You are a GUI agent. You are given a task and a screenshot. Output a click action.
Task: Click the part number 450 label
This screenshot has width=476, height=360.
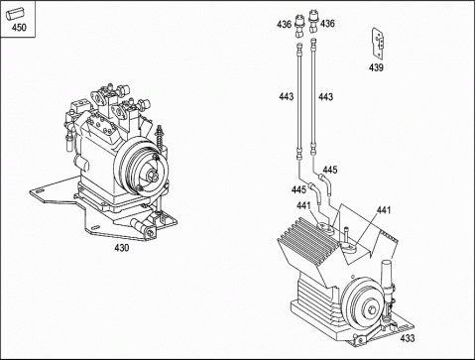click(19, 27)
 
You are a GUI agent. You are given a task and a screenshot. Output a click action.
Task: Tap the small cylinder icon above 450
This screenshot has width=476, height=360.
click(15, 14)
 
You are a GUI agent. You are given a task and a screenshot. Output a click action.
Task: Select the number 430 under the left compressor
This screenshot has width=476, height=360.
click(122, 248)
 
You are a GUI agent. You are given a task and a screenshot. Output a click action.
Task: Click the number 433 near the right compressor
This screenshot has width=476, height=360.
click(407, 338)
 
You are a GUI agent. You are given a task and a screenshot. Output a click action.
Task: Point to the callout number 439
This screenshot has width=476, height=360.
click(376, 67)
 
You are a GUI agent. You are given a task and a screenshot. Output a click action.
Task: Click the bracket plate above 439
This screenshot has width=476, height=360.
click(379, 43)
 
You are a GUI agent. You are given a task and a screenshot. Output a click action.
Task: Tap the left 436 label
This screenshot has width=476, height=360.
click(285, 24)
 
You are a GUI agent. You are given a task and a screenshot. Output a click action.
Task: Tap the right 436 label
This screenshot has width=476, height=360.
click(327, 24)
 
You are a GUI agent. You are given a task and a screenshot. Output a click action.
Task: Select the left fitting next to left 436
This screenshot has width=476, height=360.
click(299, 25)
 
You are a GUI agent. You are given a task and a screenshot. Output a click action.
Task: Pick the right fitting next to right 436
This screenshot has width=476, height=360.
click(312, 22)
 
